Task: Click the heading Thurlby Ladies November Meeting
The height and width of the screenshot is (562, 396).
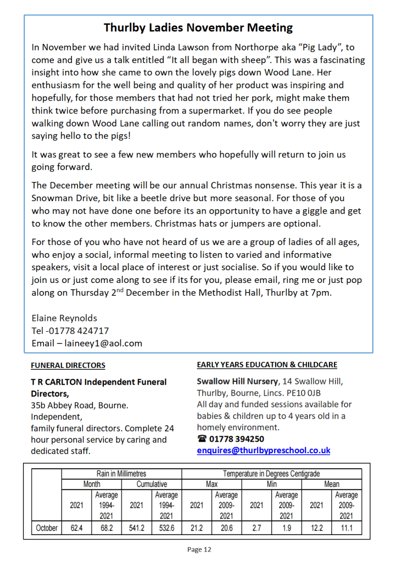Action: [198, 27]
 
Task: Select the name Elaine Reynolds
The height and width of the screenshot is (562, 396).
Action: [65, 318]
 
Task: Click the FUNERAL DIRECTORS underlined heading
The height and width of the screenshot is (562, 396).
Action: [68, 365]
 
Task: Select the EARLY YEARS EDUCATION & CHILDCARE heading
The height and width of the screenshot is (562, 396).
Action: [267, 365]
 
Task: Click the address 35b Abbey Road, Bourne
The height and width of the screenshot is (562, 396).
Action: [79, 405]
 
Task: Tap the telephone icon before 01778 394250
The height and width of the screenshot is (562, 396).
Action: [202, 439]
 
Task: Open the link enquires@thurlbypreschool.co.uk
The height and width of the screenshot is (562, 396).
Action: [264, 450]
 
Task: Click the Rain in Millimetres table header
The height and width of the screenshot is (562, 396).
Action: [121, 474]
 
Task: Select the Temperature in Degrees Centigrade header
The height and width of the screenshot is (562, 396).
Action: [271, 474]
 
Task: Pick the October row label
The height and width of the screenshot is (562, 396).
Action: [47, 528]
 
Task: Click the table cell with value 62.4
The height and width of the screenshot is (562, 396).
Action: [76, 528]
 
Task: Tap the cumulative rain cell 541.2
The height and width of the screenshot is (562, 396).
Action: [136, 528]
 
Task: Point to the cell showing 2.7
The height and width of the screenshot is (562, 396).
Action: [256, 528]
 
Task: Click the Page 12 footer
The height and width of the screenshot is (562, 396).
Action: [198, 549]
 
